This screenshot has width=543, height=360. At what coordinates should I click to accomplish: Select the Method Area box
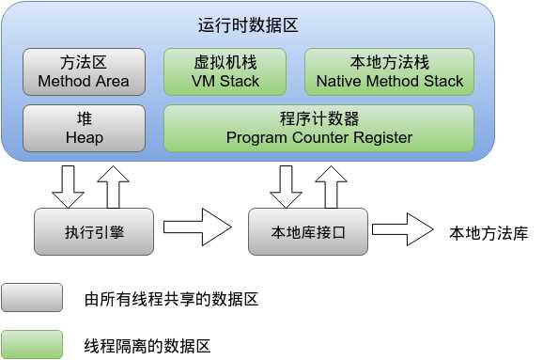tap(84, 71)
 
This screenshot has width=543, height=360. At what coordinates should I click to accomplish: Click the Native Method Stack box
tap(390, 71)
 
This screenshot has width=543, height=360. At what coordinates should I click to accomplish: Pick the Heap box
tap(84, 128)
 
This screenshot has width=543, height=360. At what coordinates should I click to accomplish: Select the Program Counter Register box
tap(319, 128)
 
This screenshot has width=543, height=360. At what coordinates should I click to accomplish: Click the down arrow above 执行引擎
tap(68, 184)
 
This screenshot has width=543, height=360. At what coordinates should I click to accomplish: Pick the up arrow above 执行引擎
tap(113, 184)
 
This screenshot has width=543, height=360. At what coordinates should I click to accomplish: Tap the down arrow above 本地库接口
tap(286, 184)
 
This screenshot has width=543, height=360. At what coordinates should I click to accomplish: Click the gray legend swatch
tap(32, 299)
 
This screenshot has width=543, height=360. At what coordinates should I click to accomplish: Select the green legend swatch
tap(32, 345)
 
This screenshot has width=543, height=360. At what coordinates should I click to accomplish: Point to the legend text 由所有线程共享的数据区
tap(171, 300)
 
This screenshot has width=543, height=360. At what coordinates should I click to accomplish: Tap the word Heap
tap(84, 137)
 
